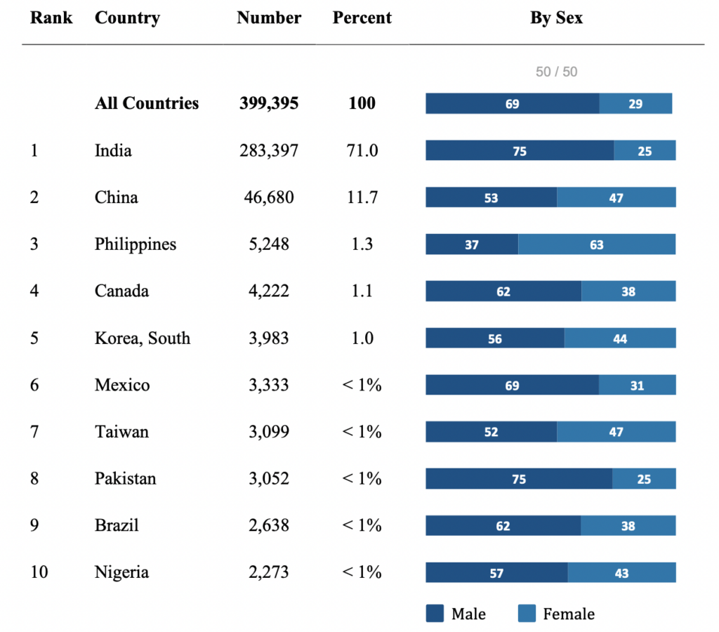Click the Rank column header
[51, 18]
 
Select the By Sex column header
[556, 18]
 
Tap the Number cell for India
[269, 150]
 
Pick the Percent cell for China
[362, 197]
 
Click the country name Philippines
[136, 244]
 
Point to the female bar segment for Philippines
[597, 244]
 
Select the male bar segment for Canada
[503, 291]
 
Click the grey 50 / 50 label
[556, 72]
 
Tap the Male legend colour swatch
[435, 614]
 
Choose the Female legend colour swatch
[527, 614]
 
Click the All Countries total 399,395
[269, 103]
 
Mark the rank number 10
[39, 572]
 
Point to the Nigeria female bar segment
[621, 573]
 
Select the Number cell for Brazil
[269, 525]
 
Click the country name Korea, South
[143, 338]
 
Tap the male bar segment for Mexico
[512, 385]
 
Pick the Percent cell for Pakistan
[362, 478]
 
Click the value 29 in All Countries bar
[635, 104]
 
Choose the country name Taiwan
[121, 432]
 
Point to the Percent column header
[362, 18]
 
